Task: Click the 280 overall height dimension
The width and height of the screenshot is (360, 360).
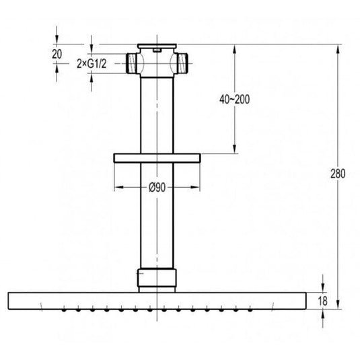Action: coord(338,174)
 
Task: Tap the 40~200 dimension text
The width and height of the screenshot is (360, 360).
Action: coord(234,100)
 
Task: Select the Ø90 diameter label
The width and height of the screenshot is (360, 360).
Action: coord(157,187)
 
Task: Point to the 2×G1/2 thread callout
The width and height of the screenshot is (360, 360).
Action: coord(92,64)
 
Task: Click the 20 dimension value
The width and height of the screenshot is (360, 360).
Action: coord(57,55)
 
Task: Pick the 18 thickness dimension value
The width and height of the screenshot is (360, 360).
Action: coord(323,301)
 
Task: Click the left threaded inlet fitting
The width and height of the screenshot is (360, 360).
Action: coord(133,63)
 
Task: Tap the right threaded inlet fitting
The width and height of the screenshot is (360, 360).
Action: coord(182,63)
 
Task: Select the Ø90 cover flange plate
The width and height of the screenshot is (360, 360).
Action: coord(157,158)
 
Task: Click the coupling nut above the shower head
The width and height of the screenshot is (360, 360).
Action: coord(157,278)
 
